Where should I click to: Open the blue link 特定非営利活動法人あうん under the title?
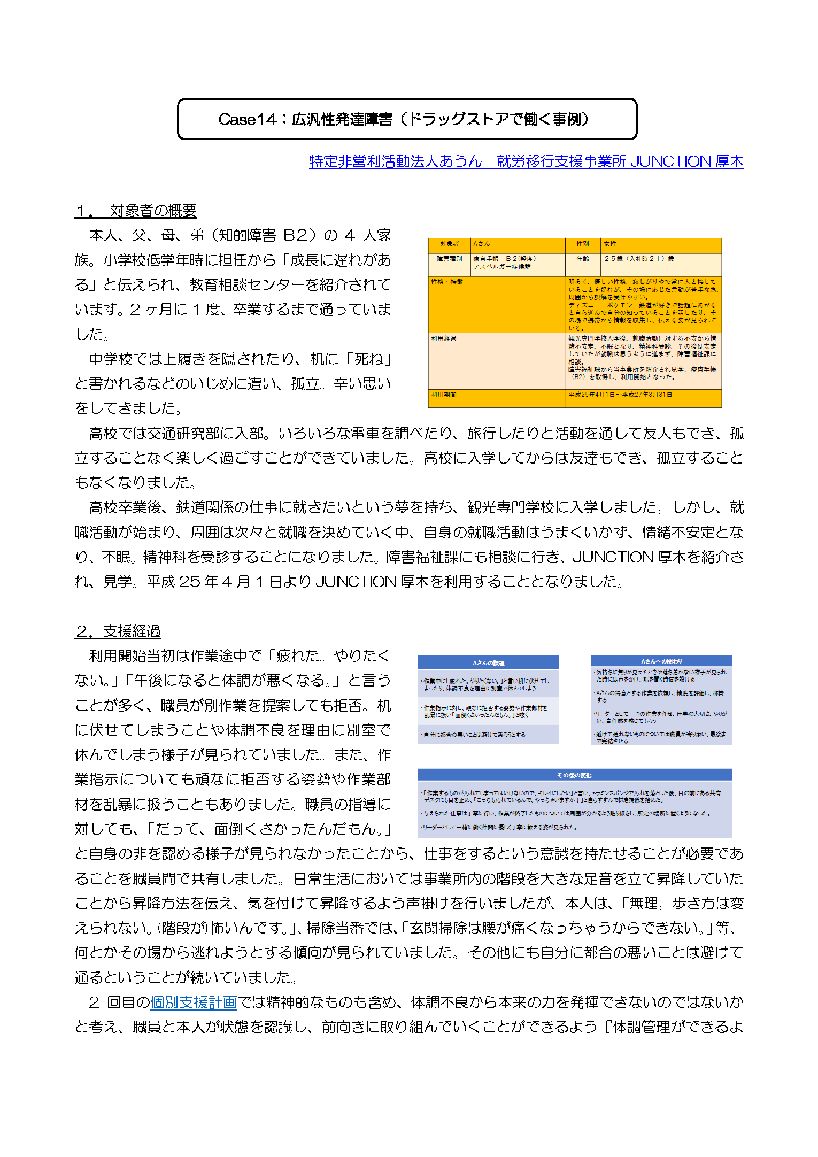[396, 161]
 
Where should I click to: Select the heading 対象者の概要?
[153, 211]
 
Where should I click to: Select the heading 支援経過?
[132, 631]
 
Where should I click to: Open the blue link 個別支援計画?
[194, 1002]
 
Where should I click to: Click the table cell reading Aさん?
[481, 244]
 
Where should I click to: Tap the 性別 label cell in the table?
[583, 244]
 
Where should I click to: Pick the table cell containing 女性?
[610, 244]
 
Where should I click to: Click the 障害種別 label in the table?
[449, 259]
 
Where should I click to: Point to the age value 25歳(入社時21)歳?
[639, 259]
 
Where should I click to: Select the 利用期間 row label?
[444, 395]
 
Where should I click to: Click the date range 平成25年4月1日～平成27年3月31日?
[620, 395]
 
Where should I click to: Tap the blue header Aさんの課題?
[488, 663]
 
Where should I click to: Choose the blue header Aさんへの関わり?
[661, 661]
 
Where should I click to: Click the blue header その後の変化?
[574, 775]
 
